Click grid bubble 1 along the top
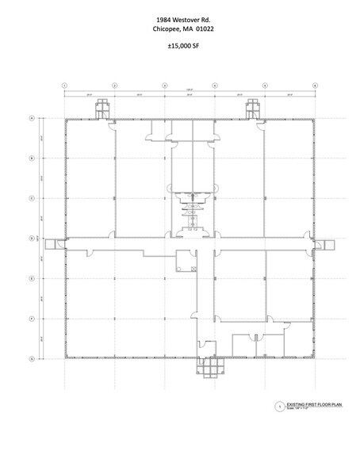[x=65, y=83]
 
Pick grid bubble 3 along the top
[x=164, y=83]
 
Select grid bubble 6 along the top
[x=315, y=83]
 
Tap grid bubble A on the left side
[x=31, y=118]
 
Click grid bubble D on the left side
[x=31, y=238]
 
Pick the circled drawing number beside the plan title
[x=278, y=406]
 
